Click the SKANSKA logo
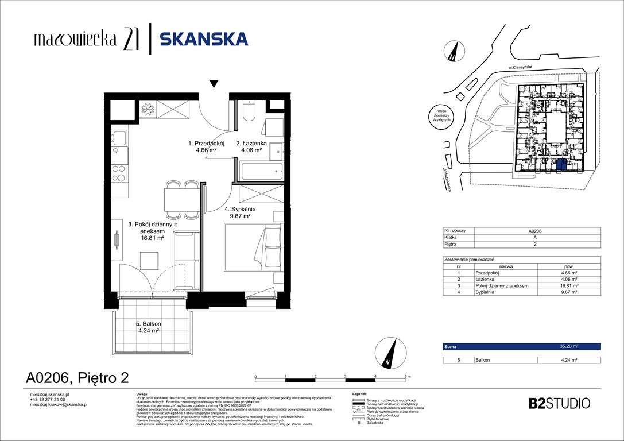pyautogui.click(x=204, y=39)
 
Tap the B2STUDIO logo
pyautogui.click(x=559, y=403)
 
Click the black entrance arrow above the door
pyautogui.click(x=214, y=84)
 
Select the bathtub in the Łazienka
pyautogui.click(x=260, y=171)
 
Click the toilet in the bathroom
pyautogui.click(x=249, y=111)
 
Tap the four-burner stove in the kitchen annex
pyautogui.click(x=118, y=173)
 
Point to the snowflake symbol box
pyautogui.click(x=148, y=108)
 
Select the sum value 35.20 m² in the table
pyautogui.click(x=568, y=347)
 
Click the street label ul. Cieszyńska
pyautogui.click(x=521, y=67)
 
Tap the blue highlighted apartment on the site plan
pyautogui.click(x=561, y=166)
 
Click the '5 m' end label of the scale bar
pyautogui.click(x=408, y=376)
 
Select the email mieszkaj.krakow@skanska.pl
pyautogui.click(x=58, y=404)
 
